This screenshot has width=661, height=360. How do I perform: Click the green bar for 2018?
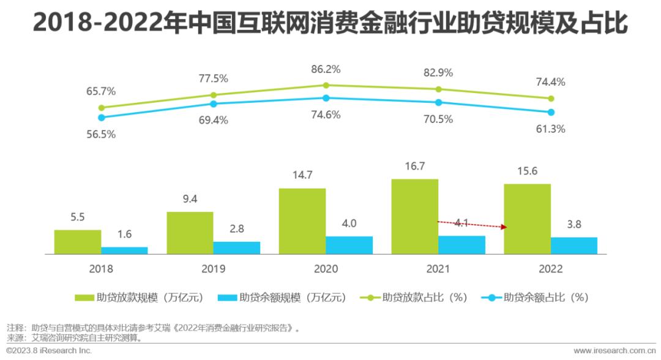[x=78, y=242]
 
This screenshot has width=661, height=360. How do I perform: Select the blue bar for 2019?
[x=236, y=247]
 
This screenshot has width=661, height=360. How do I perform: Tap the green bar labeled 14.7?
[x=302, y=221]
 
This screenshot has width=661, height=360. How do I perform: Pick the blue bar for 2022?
[x=573, y=246]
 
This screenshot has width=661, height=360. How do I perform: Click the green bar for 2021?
[x=415, y=216]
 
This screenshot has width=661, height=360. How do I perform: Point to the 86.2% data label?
[x=326, y=69]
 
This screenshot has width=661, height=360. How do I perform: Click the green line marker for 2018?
[x=101, y=108]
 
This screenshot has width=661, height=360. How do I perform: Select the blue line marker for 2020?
[x=326, y=98]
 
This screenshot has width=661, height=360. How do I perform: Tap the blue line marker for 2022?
[x=551, y=112]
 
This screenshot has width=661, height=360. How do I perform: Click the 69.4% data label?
[x=213, y=120]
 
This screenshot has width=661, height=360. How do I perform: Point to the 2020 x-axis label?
[x=326, y=269]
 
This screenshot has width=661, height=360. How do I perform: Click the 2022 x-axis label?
[x=551, y=269]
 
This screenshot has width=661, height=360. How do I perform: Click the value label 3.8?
[x=573, y=224]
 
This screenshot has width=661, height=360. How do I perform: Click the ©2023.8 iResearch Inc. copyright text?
[x=49, y=351]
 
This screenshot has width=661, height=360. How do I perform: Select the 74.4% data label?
[x=551, y=83]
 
